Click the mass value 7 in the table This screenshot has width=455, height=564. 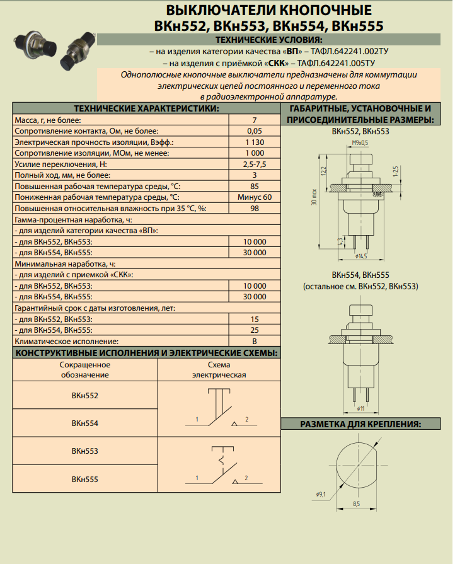point(254,120)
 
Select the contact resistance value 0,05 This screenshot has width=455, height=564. point(254,131)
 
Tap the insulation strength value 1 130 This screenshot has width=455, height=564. point(254,142)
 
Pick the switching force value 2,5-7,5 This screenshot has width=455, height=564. point(254,164)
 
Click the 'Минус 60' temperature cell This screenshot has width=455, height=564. point(254,197)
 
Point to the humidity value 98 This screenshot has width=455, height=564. point(254,209)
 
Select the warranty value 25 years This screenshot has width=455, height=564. point(254,330)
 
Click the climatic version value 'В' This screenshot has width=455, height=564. point(254,341)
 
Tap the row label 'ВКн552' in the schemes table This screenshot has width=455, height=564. point(85,396)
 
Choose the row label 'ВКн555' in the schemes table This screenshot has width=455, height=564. point(85,480)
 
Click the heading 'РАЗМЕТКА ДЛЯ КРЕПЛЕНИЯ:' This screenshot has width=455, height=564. point(360,423)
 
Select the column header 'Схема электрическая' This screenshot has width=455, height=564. point(218,370)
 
